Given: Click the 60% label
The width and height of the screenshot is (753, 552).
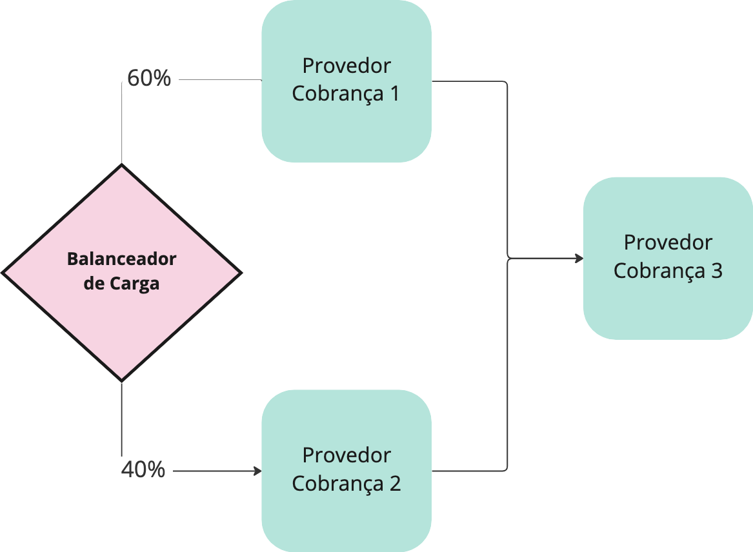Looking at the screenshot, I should pyautogui.click(x=149, y=79).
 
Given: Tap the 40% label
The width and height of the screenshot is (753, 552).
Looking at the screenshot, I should pyautogui.click(x=143, y=470).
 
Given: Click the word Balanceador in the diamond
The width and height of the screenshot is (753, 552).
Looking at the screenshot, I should pyautogui.click(x=122, y=259).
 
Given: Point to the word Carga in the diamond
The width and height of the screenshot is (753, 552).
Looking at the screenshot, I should pyautogui.click(x=134, y=284).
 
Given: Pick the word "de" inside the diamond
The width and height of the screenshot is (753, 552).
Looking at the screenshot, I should pyautogui.click(x=94, y=283).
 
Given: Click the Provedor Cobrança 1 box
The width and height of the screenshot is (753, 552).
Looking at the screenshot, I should pyautogui.click(x=346, y=123).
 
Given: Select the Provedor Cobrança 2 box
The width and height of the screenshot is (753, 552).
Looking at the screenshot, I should pyautogui.click(x=346, y=509).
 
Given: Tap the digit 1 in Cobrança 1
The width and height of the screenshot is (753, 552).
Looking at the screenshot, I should pyautogui.click(x=394, y=94).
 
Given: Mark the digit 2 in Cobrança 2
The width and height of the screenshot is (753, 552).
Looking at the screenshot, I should pyautogui.click(x=395, y=484).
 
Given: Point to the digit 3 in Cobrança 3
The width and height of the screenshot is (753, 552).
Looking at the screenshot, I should pyautogui.click(x=716, y=271).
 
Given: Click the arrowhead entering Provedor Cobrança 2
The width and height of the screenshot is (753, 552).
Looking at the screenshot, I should pyautogui.click(x=257, y=471).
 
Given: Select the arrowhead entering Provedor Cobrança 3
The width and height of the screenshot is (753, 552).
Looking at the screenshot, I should pyautogui.click(x=579, y=259).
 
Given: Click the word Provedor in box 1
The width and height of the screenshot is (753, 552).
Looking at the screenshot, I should pyautogui.click(x=346, y=66).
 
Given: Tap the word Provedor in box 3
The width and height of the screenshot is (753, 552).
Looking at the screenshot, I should pyautogui.click(x=668, y=242).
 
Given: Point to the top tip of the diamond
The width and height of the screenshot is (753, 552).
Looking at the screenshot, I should pyautogui.click(x=122, y=166).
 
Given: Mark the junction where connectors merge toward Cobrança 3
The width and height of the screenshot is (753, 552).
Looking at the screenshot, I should pyautogui.click(x=508, y=259).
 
